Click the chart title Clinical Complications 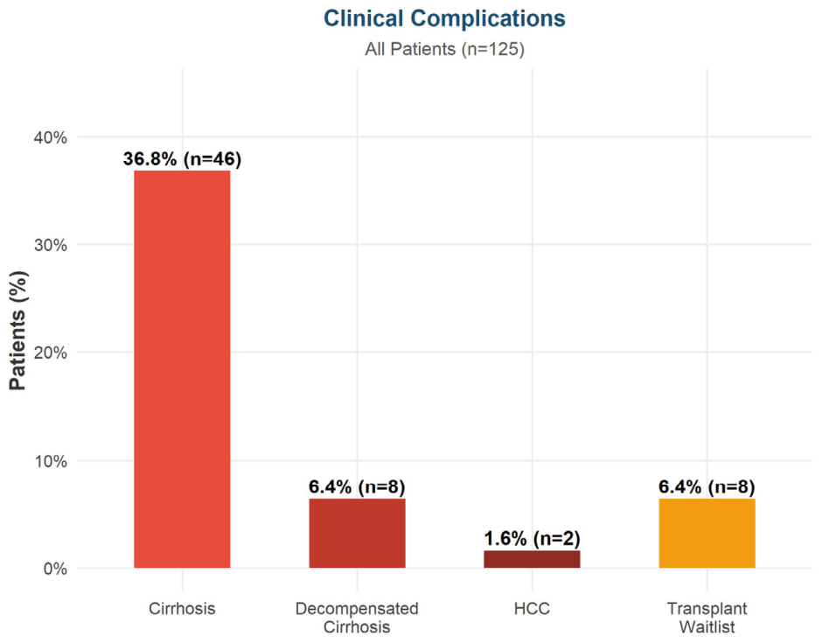[x=444, y=19]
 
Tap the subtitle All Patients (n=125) [x=444, y=49]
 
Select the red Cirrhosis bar [x=182, y=369]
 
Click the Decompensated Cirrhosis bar [x=357, y=534]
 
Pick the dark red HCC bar [x=532, y=559]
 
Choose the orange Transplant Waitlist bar [x=707, y=534]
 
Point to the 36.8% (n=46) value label [x=182, y=159]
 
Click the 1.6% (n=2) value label [x=532, y=539]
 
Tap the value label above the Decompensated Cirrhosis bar [x=357, y=486]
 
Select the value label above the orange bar [x=707, y=486]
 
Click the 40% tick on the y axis [x=51, y=138]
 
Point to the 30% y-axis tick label [x=51, y=246]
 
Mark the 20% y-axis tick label [x=51, y=353]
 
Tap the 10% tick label [x=51, y=461]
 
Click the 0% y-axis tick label [x=54, y=569]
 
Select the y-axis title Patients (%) [x=17, y=331]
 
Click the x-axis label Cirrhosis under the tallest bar [x=182, y=609]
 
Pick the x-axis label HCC [x=532, y=609]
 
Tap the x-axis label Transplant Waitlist [x=707, y=618]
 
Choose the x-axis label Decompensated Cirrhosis [x=357, y=618]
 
